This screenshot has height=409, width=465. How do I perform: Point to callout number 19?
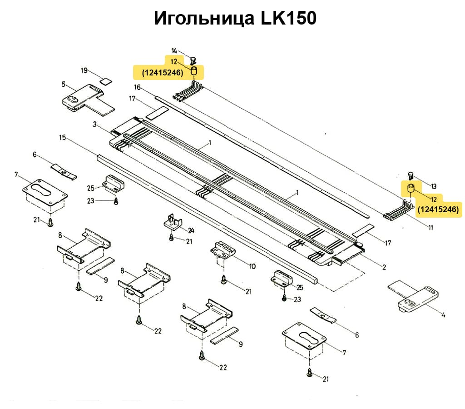coord(84,70)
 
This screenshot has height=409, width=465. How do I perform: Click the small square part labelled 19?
coord(105,81)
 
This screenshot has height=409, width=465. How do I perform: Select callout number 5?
coord(64,84)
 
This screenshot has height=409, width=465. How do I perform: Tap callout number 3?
coord(94,124)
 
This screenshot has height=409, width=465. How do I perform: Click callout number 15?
coord(63,137)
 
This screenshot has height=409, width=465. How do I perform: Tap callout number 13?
coord(434,186)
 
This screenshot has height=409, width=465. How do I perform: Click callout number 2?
coord(384,267)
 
